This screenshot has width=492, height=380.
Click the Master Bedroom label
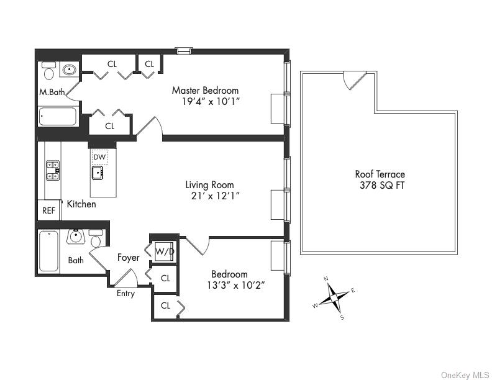tap(205, 91)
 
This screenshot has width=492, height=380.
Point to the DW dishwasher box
tap(99, 157)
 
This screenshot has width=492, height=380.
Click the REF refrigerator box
tap(48, 210)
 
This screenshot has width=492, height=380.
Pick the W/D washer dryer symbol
tap(164, 251)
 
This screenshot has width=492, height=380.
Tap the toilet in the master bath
tap(48, 71)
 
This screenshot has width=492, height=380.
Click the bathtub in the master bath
tap(57, 116)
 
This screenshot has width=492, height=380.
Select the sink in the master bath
tap(70, 70)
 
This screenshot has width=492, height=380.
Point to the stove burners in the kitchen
tap(53, 170)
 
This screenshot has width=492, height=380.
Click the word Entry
tap(125, 294)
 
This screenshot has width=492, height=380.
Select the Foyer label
tap(128, 257)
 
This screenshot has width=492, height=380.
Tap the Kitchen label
tap(81, 204)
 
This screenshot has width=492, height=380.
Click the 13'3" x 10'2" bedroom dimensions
tap(229, 286)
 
